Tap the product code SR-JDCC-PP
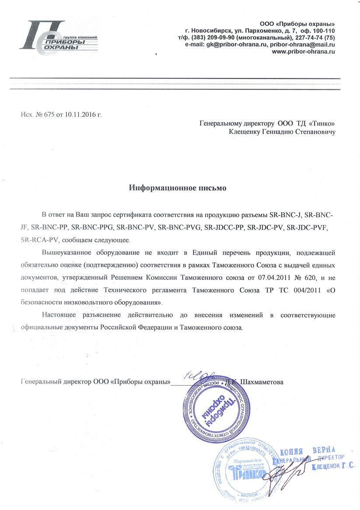coord(224,227)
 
